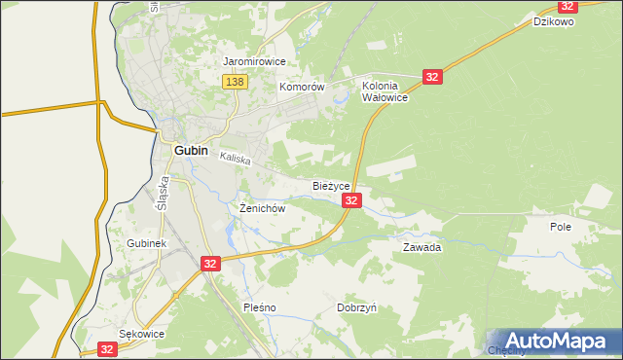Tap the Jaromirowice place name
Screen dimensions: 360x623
pyautogui.click(x=253, y=61)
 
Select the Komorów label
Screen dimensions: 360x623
pyautogui.click(x=301, y=87)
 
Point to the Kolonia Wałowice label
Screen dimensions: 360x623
pyautogui.click(x=384, y=91)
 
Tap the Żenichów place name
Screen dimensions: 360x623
pyautogui.click(x=261, y=208)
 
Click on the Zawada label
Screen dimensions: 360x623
pyautogui.click(x=422, y=247)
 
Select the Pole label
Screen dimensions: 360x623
pyautogui.click(x=560, y=226)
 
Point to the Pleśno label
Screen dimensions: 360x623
pyautogui.click(x=260, y=307)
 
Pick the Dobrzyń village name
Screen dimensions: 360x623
pyautogui.click(x=356, y=307)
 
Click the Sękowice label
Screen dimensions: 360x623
pyautogui.click(x=141, y=333)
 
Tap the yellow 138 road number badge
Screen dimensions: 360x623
pyautogui.click(x=234, y=83)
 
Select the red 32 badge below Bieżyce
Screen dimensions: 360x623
pyautogui.click(x=352, y=200)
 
